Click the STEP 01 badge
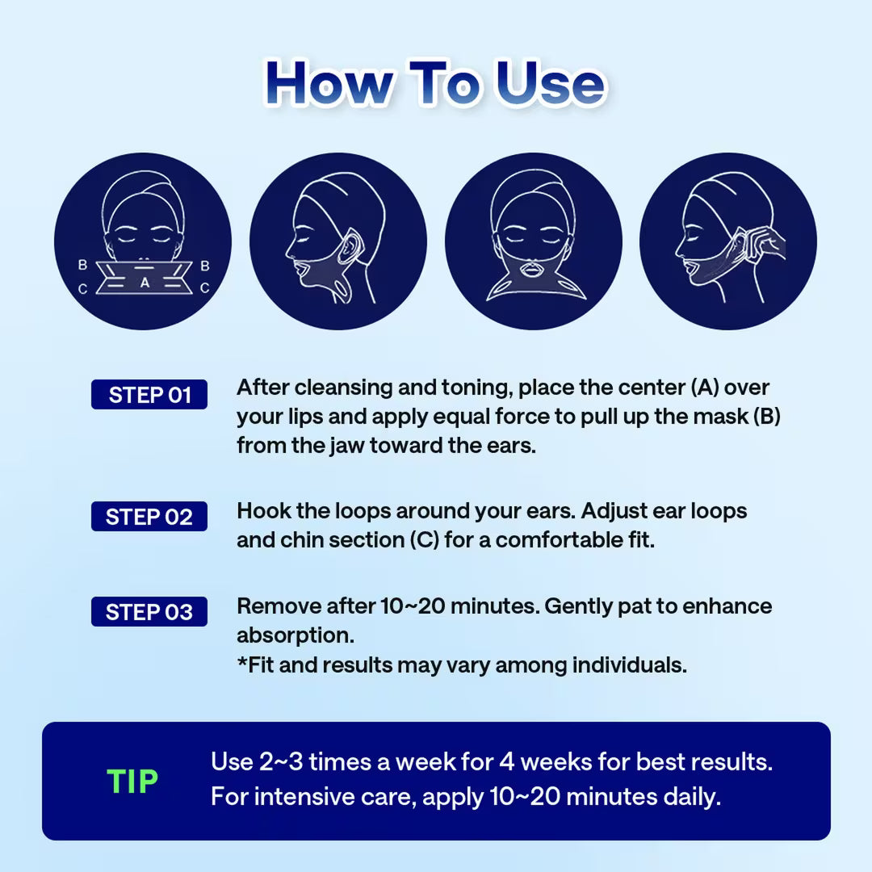[x=149, y=395]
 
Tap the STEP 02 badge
[x=149, y=517]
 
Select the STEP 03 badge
[x=149, y=612]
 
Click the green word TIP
[x=132, y=782]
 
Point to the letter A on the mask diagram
[x=145, y=283]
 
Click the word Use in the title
[x=550, y=85]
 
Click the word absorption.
[x=295, y=636]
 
